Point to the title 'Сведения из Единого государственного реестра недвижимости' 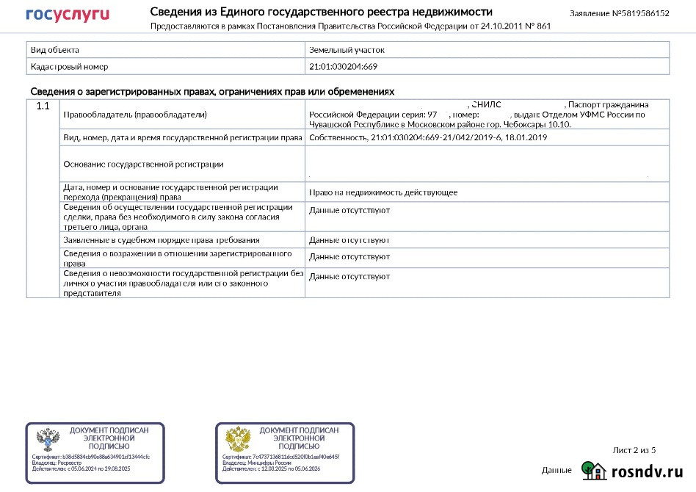click(x=322, y=12)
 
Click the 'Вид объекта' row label click(x=55, y=50)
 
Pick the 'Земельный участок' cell click(x=347, y=50)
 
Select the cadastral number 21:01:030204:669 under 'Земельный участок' click(x=344, y=66)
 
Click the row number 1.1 click(x=43, y=106)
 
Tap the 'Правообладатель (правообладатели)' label click(x=135, y=115)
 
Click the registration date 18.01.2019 click(x=526, y=137)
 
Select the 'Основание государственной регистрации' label click(x=143, y=164)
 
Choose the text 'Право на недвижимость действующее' click(x=383, y=192)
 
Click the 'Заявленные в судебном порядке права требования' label click(x=162, y=240)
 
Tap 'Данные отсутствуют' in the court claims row click(x=349, y=240)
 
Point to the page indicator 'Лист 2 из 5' click(x=634, y=450)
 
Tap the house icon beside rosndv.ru click(x=593, y=470)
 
